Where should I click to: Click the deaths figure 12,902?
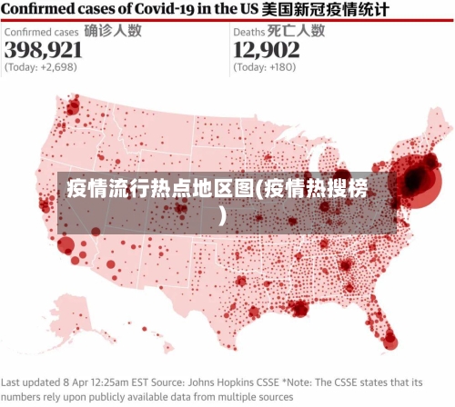pos(266,49)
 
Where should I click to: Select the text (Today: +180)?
pos(265,67)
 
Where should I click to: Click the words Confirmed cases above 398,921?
pos(41,31)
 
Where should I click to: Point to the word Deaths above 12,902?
pos(249,31)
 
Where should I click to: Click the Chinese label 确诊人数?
pos(112,30)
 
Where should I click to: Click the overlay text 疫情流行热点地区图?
pos(160,191)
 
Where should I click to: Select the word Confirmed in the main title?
pos(39,10)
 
